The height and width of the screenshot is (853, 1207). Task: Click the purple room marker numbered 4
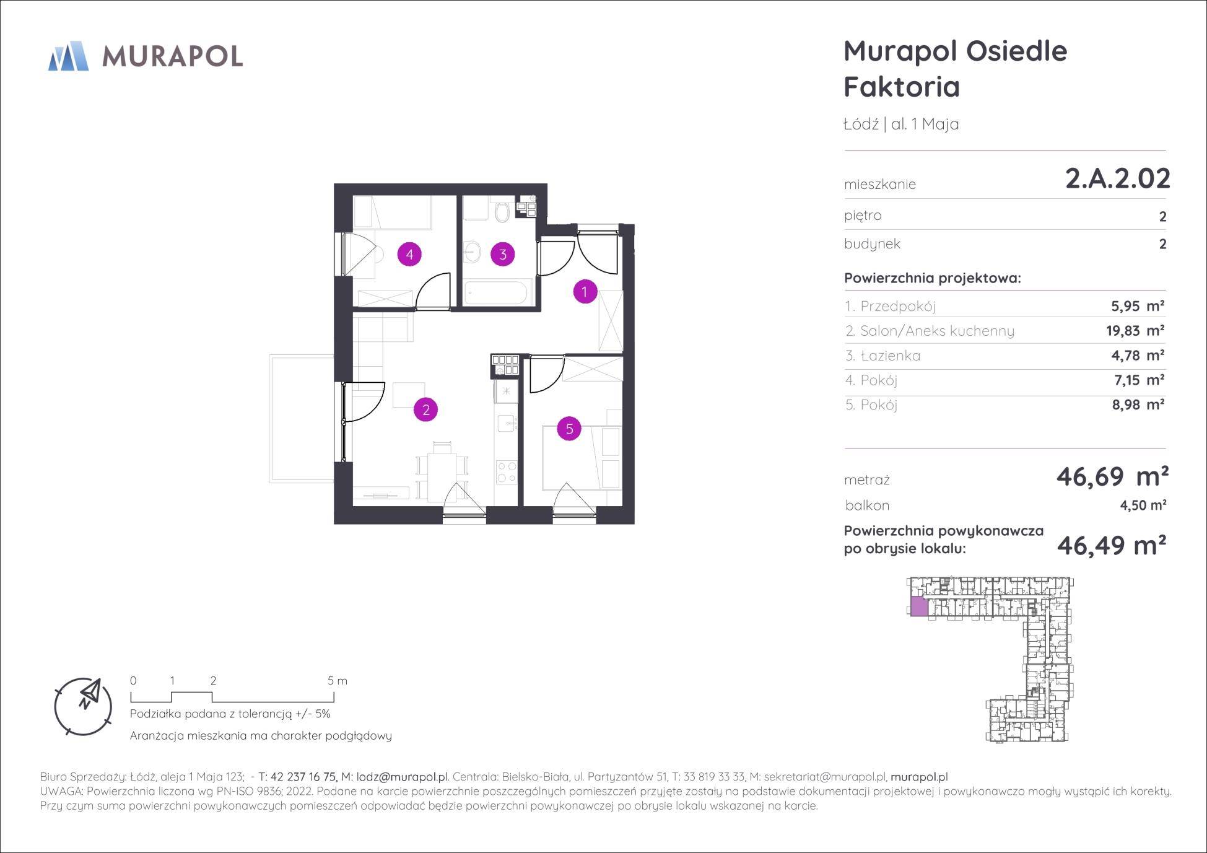409,253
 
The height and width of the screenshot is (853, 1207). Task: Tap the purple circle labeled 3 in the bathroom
503,254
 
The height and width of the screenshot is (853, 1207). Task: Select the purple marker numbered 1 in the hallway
585,291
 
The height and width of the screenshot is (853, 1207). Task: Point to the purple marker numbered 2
426,409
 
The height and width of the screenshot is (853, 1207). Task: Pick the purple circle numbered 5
569,428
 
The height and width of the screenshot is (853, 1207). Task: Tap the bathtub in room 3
497,292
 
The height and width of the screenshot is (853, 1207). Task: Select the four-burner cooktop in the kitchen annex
507,472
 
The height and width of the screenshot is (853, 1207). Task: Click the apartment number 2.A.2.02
1118,178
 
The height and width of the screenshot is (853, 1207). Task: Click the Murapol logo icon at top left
68,56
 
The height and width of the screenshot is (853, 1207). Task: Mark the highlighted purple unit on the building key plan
919,606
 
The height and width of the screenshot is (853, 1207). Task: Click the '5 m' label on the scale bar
338,681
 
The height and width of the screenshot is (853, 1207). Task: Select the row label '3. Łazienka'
883,356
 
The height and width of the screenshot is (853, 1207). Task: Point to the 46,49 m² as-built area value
1112,545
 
